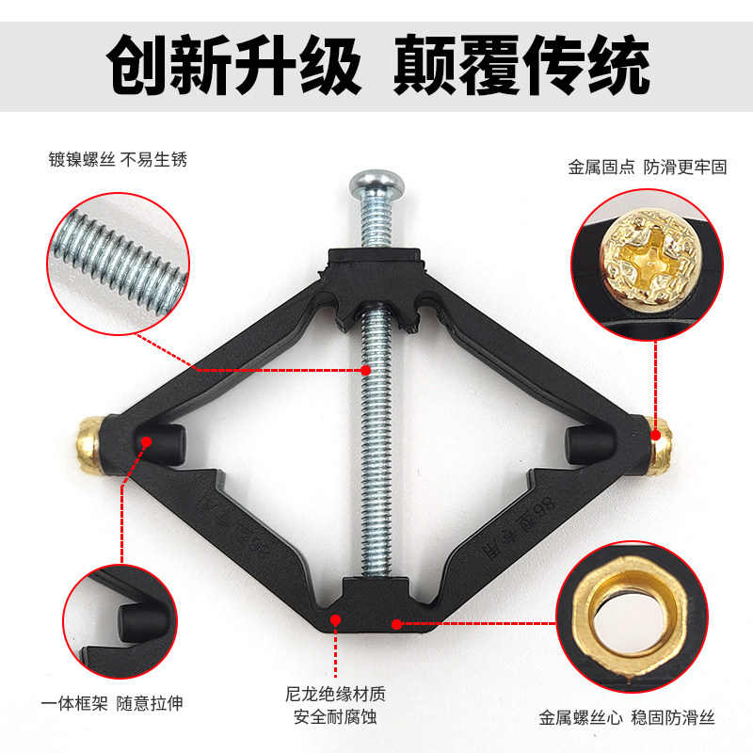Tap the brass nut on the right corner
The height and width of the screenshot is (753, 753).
[x=662, y=442]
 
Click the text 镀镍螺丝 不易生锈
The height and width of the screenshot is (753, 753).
[x=118, y=159]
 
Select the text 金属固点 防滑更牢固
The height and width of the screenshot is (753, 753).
[x=647, y=167]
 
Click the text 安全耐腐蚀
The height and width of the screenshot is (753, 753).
[x=335, y=718]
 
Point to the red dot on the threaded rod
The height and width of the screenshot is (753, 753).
[x=367, y=371]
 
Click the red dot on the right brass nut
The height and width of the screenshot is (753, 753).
[x=656, y=435]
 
